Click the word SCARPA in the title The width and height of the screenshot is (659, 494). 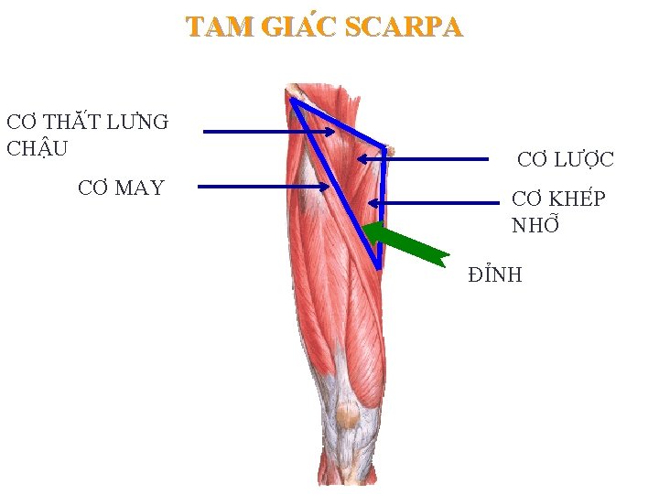(404, 28)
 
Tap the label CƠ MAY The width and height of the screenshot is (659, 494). (121, 188)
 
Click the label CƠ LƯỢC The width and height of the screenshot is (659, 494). (566, 160)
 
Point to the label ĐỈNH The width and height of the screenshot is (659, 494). (495, 274)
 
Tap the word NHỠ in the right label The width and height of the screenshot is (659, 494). (535, 225)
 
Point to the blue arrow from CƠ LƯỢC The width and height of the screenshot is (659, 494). (422, 159)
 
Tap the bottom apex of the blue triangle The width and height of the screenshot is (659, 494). (379, 267)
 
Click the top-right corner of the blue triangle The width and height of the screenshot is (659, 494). (385, 147)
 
